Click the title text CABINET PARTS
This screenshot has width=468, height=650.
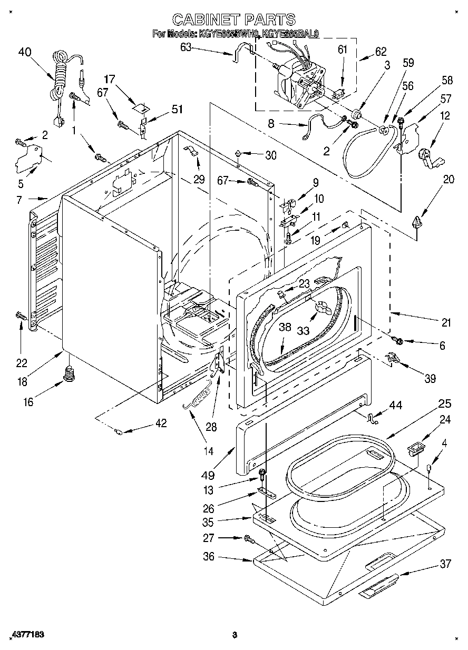(234, 20)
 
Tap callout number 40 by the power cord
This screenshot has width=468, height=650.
(25, 52)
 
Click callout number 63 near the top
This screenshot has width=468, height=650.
(186, 47)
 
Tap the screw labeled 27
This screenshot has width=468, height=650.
(248, 538)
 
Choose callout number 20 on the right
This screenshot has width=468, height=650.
(448, 179)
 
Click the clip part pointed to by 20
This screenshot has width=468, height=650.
(418, 223)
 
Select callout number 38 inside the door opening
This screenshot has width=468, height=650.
(285, 327)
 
